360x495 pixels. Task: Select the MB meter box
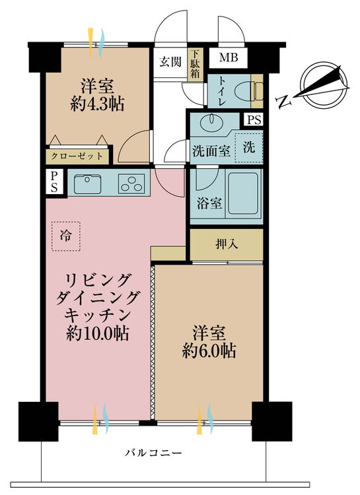[229, 58]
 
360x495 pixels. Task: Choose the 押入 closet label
[227, 244]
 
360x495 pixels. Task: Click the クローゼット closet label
[78, 156]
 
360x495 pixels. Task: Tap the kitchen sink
[87, 183]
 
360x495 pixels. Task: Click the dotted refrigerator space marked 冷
[65, 235]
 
